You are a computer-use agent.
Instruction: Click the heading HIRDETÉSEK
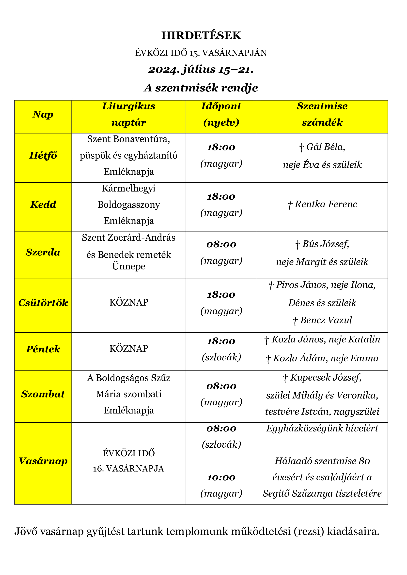pos(201,36)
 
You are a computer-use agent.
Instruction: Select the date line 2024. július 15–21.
pos(201,70)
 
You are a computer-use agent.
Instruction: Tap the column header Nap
pos(43,115)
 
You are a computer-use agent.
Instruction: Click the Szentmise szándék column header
pos(322,114)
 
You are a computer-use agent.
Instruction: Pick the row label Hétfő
pos(43,156)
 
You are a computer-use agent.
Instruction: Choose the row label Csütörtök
pos(43,303)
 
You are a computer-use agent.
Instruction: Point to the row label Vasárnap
pos(43,461)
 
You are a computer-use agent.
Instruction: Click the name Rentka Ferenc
pos(326,204)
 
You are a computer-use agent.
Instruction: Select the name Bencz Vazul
pos(326,320)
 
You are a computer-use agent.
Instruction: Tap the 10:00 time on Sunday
pos(221,478)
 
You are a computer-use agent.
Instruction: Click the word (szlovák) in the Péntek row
pos(221,357)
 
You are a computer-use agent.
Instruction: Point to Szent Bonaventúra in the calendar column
pos(128,139)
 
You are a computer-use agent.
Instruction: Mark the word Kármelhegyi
pos(128,188)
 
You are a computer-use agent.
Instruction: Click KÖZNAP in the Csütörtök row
pos(128,303)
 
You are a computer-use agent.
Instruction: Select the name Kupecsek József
pos(326,378)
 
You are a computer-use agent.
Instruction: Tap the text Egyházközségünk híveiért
pos(322,428)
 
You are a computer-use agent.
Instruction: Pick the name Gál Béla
pos(326,147)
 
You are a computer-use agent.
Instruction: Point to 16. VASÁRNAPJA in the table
pos(128,469)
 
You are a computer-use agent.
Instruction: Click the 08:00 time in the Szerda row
pos(221,245)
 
